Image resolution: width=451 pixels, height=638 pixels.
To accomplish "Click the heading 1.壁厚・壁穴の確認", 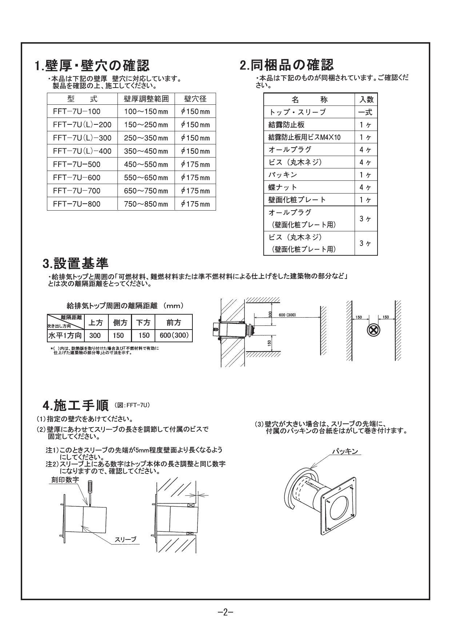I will [92, 66].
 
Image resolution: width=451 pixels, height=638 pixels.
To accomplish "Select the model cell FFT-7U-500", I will [77, 164].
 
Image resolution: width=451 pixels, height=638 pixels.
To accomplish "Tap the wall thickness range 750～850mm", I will [146, 204].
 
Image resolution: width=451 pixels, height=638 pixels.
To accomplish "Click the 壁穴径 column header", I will [195, 99].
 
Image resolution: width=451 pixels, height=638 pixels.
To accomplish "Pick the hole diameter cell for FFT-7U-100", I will [195, 112].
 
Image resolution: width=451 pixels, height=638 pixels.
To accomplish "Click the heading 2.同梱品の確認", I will [287, 65].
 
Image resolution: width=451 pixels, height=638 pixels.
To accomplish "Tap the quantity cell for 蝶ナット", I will [366, 187].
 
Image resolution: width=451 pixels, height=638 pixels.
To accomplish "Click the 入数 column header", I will [366, 100].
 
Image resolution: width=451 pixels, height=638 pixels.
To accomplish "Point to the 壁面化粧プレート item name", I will [297, 200].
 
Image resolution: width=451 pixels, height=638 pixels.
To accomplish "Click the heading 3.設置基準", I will [76, 263].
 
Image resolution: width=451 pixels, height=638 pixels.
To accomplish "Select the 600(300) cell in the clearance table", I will [174, 335].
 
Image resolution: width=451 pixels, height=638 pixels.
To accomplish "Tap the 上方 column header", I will [96, 322].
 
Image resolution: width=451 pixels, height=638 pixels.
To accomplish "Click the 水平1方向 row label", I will [65, 335].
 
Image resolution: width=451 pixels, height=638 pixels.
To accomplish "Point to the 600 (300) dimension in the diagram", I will [287, 315].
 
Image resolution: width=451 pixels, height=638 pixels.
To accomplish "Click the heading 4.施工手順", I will [76, 405].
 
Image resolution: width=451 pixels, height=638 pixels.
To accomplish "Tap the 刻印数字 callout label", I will [64, 480].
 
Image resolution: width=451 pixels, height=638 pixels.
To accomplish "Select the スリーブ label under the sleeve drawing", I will [125, 539].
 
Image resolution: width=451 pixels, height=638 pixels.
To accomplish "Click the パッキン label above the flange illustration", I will [345, 451].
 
